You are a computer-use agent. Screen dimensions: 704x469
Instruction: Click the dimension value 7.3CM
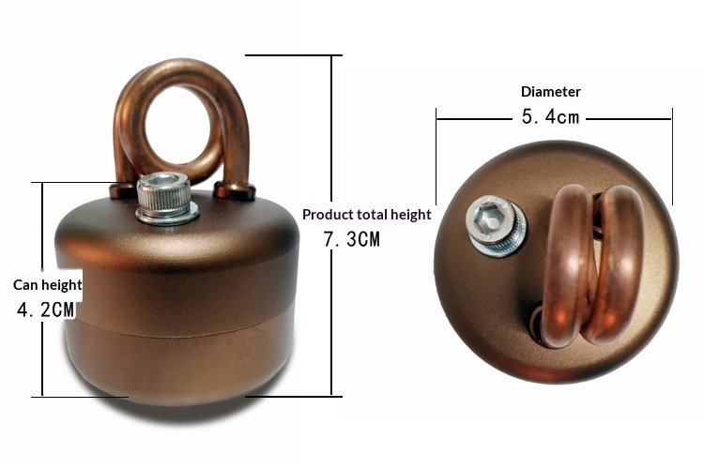pyautogui.click(x=352, y=239)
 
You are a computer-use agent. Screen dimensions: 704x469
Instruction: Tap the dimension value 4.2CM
pyautogui.click(x=45, y=310)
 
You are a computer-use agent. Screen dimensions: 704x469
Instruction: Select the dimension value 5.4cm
pyautogui.click(x=550, y=117)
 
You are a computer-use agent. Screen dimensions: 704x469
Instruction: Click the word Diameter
pyautogui.click(x=550, y=92)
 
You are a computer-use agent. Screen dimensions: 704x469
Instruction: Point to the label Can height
pyautogui.click(x=47, y=284)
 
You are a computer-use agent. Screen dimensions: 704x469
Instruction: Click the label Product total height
pyautogui.click(x=367, y=215)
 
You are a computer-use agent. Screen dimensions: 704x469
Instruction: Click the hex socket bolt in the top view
pyautogui.click(x=496, y=226)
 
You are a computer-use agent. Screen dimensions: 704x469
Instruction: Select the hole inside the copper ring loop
pyautogui.click(x=177, y=125)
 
